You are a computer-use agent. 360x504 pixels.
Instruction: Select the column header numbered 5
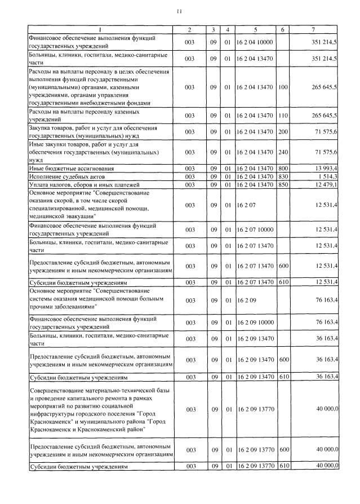[x=255, y=29]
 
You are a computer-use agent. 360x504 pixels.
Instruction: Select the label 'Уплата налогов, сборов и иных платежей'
[x=76, y=185]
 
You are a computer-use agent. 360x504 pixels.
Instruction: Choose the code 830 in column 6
[x=283, y=176]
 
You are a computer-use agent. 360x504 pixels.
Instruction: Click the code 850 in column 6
[x=283, y=185]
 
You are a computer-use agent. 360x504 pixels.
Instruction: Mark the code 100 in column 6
[x=283, y=87]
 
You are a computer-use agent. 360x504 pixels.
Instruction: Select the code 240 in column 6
[x=283, y=152]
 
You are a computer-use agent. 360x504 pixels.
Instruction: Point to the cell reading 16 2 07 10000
[x=255, y=229]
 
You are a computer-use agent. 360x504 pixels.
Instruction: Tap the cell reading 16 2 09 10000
[x=255, y=322]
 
